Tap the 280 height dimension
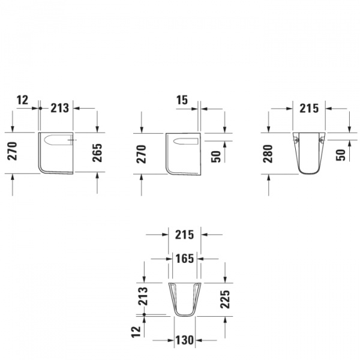(268, 154)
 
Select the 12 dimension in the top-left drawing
(23, 100)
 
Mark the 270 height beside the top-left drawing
(11, 153)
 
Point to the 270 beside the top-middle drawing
(142, 154)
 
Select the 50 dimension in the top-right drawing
(341, 153)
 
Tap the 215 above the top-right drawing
(308, 109)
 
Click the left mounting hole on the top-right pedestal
(296, 140)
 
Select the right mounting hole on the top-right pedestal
(322, 140)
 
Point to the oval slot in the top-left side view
(58, 142)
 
